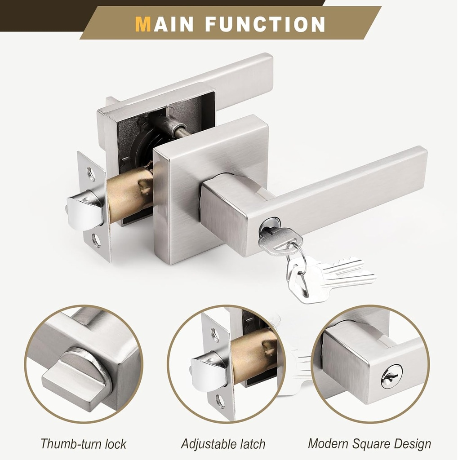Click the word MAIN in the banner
[166, 24]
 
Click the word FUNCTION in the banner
[265, 24]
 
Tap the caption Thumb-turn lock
[83, 444]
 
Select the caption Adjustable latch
[223, 444]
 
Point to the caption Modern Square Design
[369, 444]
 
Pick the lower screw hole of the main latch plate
[96, 240]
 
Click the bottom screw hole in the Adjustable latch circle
[221, 401]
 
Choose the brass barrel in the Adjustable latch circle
[254, 355]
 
